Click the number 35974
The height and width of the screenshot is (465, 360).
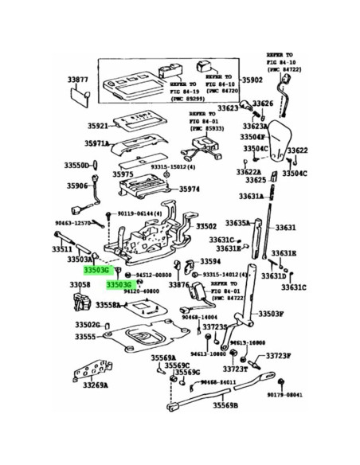pos(191,190)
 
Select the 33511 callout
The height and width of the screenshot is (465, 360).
pos(63,248)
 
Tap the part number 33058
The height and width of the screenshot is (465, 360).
pos(80,284)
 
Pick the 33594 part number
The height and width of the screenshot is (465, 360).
pos(210,261)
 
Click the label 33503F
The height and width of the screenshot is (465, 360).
pos(269,314)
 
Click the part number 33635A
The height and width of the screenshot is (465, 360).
pos(237,224)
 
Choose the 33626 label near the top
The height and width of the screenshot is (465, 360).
pos(263,104)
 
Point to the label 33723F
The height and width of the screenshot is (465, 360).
pos(279,357)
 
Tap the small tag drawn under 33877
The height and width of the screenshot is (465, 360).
pos(80,99)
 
